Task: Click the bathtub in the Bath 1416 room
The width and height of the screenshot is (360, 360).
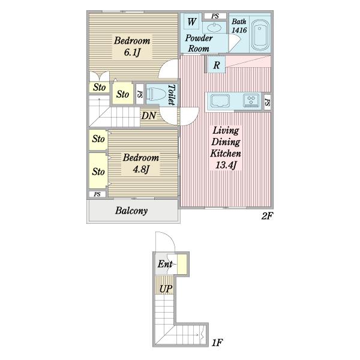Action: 260,35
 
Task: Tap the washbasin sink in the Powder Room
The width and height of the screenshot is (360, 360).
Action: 214,28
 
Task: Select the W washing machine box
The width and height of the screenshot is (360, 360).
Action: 191,22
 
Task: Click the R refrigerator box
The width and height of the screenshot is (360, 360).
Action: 216,65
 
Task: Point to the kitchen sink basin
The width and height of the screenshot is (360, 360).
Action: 220,101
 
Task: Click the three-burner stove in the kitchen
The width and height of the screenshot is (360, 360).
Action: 251,100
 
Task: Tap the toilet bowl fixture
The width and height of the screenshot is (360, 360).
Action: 156,95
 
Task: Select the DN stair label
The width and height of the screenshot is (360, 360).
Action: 149,115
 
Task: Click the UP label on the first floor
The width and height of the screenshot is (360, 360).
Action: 166,289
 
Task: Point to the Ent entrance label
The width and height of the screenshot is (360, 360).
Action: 165,264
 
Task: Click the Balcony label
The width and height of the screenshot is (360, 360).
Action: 131,211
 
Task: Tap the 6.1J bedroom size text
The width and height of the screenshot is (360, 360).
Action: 132,52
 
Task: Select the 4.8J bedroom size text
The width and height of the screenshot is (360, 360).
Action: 141,169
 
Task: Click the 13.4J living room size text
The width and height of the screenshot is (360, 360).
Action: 226,165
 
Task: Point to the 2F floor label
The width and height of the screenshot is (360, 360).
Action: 267,216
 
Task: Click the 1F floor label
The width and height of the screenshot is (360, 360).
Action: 217,343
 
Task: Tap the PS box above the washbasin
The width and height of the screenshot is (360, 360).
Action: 215,16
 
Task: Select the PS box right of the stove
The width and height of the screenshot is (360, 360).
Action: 267,102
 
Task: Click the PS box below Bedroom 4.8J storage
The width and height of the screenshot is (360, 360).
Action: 97,194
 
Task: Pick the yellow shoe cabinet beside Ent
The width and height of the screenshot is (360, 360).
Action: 182,264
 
